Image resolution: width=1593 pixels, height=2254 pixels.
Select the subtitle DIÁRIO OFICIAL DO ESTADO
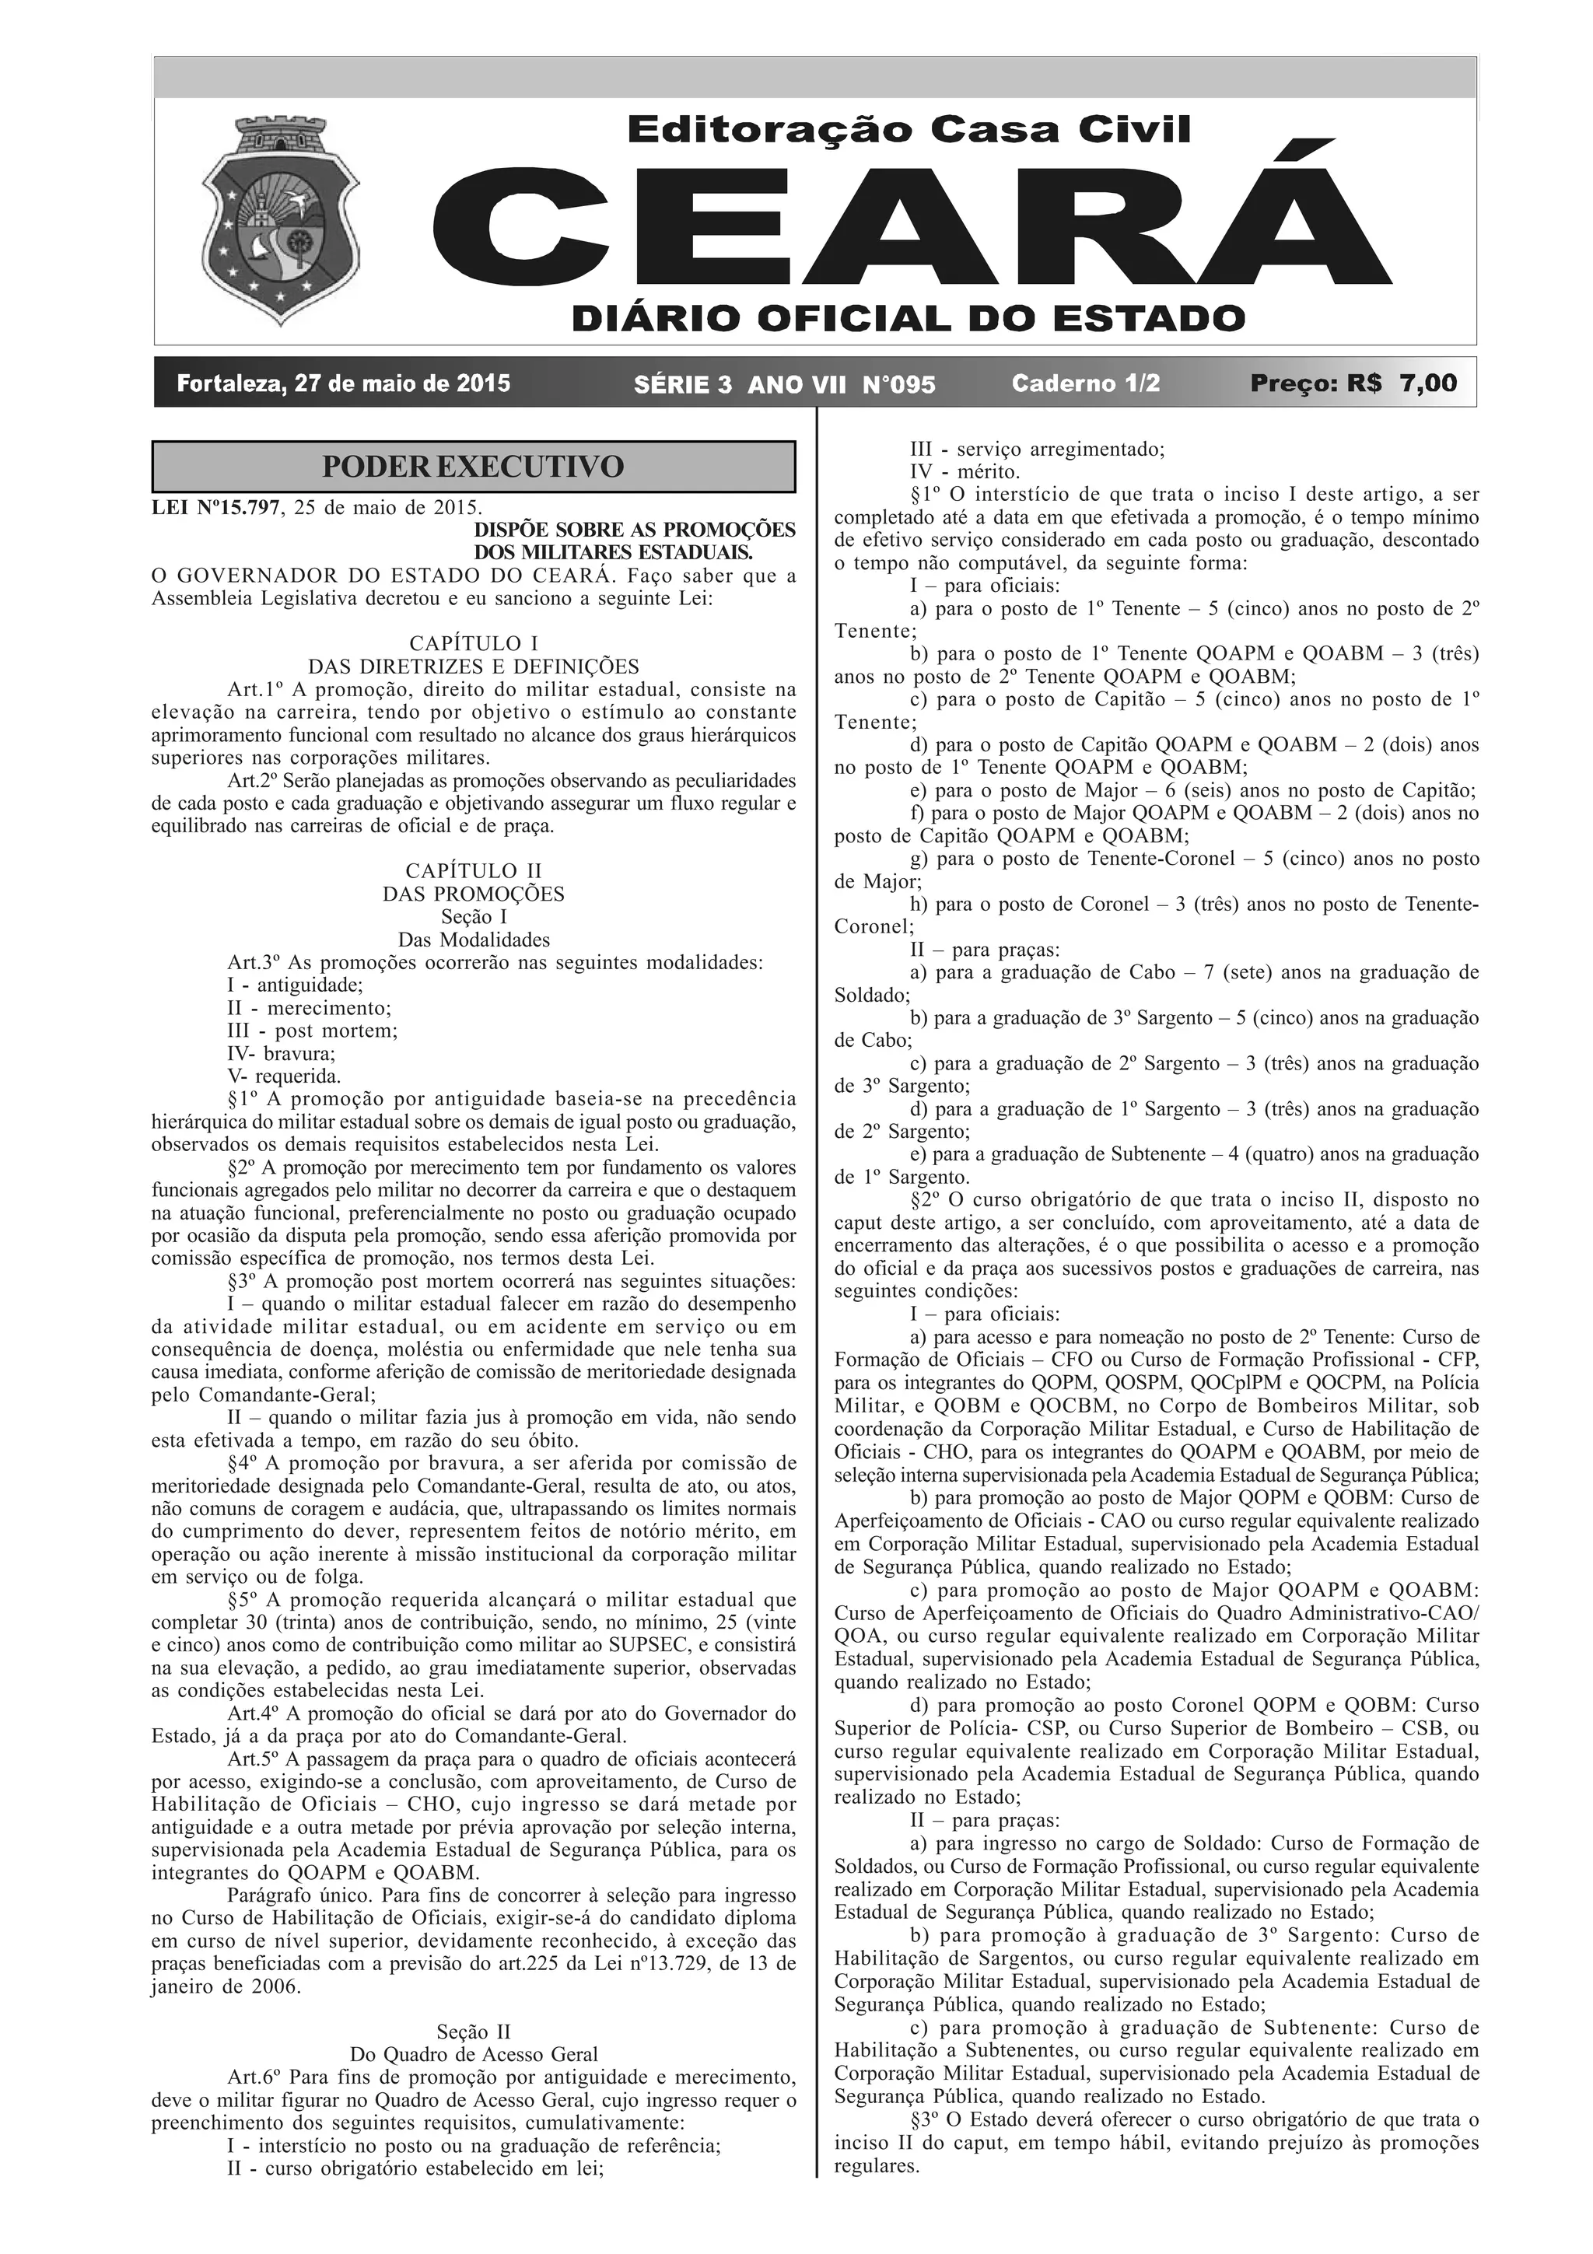(x=909, y=318)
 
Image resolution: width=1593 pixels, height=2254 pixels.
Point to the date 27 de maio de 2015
(x=342, y=383)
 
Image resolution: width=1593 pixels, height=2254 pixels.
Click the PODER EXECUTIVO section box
(x=473, y=467)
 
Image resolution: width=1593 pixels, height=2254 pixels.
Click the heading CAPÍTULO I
(x=473, y=644)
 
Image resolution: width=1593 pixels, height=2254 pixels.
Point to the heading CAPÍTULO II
(x=473, y=871)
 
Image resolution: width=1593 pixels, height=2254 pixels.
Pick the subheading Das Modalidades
(x=473, y=940)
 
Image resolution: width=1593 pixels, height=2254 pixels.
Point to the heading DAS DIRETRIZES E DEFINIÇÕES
(x=473, y=667)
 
